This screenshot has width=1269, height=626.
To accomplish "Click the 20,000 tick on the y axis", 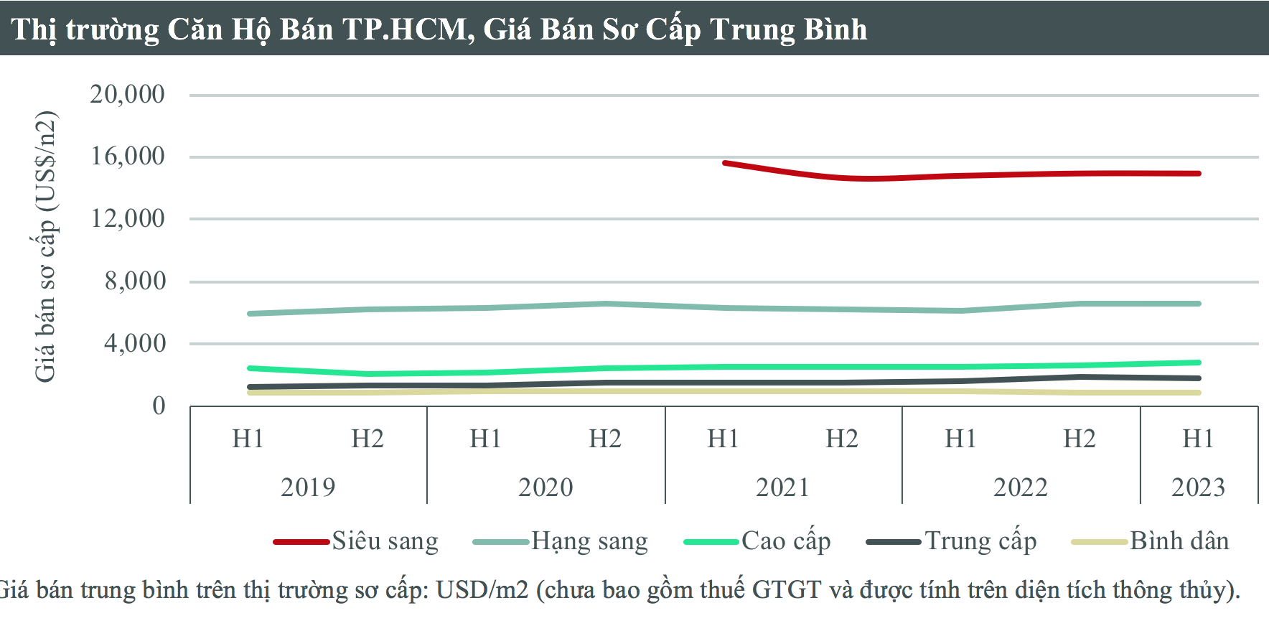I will pyautogui.click(x=127, y=94).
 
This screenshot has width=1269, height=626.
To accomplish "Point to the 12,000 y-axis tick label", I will pyautogui.click(x=127, y=218).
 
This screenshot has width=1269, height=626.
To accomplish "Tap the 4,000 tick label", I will pyautogui.click(x=135, y=343).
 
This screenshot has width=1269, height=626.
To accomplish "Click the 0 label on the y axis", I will pyautogui.click(x=159, y=406).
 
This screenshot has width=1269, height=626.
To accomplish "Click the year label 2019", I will pyautogui.click(x=308, y=487).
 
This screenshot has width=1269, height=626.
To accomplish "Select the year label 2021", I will pyautogui.click(x=782, y=487).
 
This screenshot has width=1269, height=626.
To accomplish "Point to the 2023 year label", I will pyautogui.click(x=1198, y=487).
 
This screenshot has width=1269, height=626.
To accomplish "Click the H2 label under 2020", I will pyautogui.click(x=604, y=439).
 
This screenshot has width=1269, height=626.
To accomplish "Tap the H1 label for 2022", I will pyautogui.click(x=960, y=439).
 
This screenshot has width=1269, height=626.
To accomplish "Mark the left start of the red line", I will pyautogui.click(x=725, y=163).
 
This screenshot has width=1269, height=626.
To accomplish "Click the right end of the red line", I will pyautogui.click(x=1199, y=173).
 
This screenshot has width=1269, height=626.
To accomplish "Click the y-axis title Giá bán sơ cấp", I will pyautogui.click(x=45, y=246).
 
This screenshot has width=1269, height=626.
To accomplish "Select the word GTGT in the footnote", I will pyautogui.click(x=786, y=590).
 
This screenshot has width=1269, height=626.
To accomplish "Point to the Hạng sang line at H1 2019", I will pyautogui.click(x=249, y=314).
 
